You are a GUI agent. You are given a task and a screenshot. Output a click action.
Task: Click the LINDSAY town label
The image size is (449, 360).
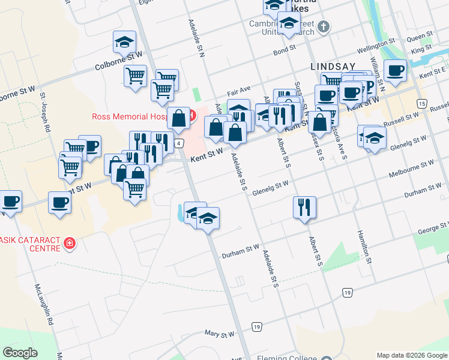(x=333, y=65)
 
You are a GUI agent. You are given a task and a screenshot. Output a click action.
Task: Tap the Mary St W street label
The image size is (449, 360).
(x=218, y=332)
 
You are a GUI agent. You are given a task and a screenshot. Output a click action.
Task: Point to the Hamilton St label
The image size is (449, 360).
(x=364, y=247)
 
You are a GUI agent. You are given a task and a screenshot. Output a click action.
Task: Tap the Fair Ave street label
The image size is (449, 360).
(x=238, y=91)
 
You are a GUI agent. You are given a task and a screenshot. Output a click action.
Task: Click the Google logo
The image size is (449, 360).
(x=20, y=352)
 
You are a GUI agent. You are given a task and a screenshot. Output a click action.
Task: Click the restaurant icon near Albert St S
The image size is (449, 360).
(x=304, y=207)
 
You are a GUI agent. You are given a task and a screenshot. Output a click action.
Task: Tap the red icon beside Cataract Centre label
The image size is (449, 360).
(x=70, y=244)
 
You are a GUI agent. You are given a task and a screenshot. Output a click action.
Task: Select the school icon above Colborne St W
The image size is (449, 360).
(x=124, y=41)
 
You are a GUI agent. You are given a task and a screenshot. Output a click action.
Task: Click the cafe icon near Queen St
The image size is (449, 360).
(x=395, y=70)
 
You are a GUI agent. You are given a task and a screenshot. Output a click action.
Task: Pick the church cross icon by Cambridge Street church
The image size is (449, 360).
(x=324, y=26)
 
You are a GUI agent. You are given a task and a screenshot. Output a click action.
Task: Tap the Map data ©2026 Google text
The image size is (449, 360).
(x=412, y=355)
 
